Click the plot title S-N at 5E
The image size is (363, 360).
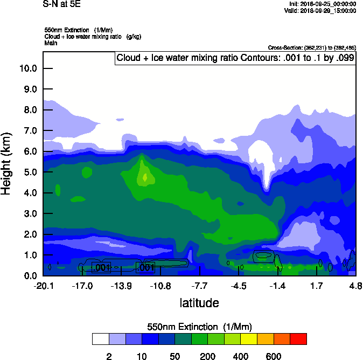click(60, 4)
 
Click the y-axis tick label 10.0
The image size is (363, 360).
click(27, 68)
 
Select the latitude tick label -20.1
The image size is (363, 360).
click(43, 285)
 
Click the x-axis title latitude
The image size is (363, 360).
click(199, 303)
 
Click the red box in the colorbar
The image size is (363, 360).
click(298, 339)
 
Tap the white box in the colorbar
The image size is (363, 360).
click(100, 339)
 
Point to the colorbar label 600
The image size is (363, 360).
click(274, 356)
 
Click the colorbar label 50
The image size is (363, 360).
click(174, 356)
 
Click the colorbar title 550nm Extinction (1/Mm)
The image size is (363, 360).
click(199, 327)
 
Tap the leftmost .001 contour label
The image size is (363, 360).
click(101, 267)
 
